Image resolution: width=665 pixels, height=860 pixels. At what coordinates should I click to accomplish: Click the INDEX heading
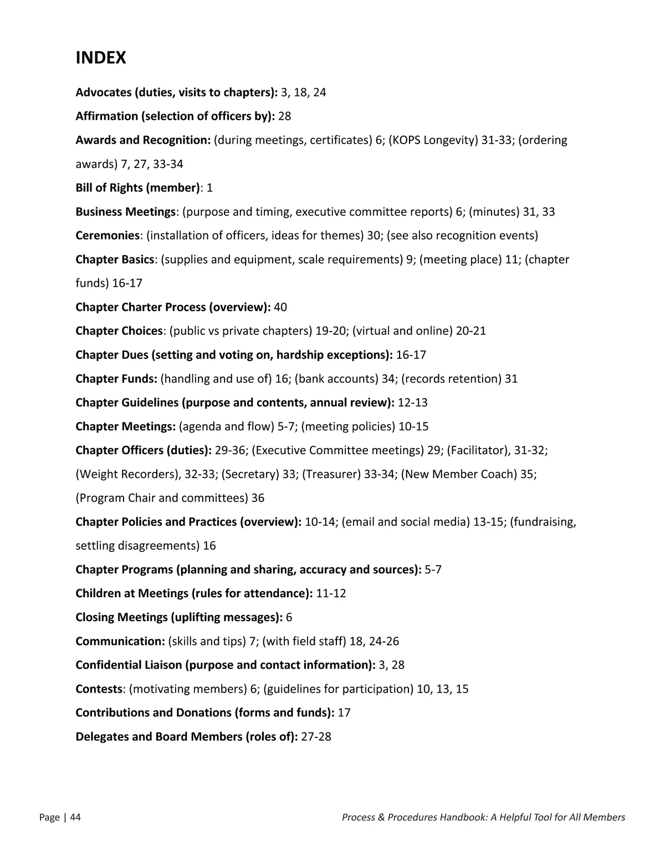(x=101, y=58)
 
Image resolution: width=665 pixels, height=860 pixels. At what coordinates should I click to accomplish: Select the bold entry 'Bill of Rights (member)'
(x=137, y=188)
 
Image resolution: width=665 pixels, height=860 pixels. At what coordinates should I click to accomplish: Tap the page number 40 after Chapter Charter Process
(x=280, y=307)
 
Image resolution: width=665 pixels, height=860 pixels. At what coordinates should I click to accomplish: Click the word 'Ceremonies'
(x=107, y=236)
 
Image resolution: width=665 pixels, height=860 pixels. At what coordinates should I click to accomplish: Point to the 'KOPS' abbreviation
(x=406, y=140)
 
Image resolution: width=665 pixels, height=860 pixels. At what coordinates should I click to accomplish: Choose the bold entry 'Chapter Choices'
(x=119, y=331)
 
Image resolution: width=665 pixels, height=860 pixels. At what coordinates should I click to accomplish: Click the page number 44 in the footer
(x=75, y=817)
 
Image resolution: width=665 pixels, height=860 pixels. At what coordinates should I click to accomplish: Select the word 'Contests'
(x=99, y=689)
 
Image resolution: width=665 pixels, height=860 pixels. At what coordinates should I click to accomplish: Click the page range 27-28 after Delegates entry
(x=316, y=737)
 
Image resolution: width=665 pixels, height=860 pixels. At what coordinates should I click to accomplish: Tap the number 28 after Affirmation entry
(x=284, y=116)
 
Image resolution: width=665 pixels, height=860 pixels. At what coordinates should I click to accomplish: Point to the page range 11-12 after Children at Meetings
(x=331, y=594)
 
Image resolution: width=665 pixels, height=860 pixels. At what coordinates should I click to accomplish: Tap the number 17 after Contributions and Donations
(x=344, y=713)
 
